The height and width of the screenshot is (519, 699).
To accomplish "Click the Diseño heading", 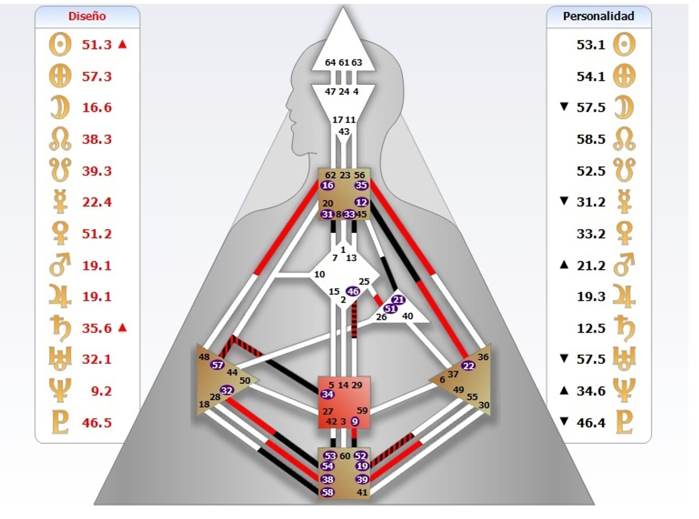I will pos(87,16).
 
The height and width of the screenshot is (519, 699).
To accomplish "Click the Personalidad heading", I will pos(598,16).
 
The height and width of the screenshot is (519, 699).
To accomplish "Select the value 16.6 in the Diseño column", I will pos(97,108).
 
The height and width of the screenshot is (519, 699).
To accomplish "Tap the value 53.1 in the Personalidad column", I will pos(591,45).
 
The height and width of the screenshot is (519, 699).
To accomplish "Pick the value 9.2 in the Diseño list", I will pos(101,391).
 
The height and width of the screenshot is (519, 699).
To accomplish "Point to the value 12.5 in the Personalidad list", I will pos(591,328).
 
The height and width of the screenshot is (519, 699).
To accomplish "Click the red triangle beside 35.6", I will pos(123,328).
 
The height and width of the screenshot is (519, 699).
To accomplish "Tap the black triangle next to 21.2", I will pos(564,265).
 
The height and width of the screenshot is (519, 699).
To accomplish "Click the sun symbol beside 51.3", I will pos(60,45).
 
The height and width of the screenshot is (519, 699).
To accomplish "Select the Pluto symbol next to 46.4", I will pos(624,423).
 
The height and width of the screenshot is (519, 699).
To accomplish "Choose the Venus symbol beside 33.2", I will pos(624,233).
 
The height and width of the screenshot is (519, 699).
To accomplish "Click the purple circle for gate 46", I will pos(353,291).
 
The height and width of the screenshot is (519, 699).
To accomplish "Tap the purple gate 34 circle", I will pos(327,394).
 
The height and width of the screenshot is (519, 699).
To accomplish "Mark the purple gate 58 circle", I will pos(327,492).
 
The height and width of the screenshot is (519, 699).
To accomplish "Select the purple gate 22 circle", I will pos(468,366).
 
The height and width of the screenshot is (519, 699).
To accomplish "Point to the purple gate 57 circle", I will pos(217,365).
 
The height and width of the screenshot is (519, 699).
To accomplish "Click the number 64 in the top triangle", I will pos(330,63).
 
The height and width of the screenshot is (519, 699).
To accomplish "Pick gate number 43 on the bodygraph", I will pos(344,132).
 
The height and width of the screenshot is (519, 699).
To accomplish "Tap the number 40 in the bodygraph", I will pos(407,316).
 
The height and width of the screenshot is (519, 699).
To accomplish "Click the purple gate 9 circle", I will pos(355,422).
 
